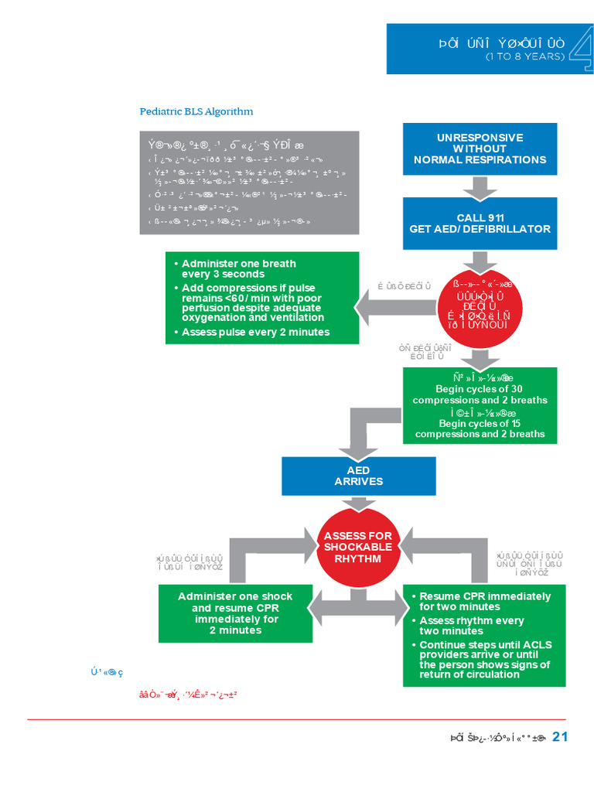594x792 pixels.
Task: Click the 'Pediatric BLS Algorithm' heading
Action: [x=196, y=111]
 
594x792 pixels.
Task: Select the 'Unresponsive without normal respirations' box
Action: [x=480, y=148]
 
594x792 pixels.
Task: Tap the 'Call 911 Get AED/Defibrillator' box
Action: [x=480, y=223]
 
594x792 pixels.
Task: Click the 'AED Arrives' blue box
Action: [x=358, y=476]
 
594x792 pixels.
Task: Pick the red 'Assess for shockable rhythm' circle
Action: [x=357, y=547]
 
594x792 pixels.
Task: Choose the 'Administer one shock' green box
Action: [x=235, y=613]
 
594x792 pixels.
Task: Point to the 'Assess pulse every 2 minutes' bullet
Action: [x=255, y=332]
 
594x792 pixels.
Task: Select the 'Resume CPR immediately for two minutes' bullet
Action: [x=485, y=601]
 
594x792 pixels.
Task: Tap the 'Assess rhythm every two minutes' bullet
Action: [x=471, y=625]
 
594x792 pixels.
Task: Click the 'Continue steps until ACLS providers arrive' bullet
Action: [x=485, y=659]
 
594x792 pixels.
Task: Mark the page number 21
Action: [x=560, y=736]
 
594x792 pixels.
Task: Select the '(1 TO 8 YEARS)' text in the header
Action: [x=525, y=57]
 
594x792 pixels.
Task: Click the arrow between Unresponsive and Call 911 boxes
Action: [x=480, y=186]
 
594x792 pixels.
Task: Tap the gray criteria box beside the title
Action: [x=249, y=183]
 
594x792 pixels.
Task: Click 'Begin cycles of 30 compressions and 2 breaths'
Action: [x=480, y=394]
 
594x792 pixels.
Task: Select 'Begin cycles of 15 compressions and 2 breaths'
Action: [x=480, y=428]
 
